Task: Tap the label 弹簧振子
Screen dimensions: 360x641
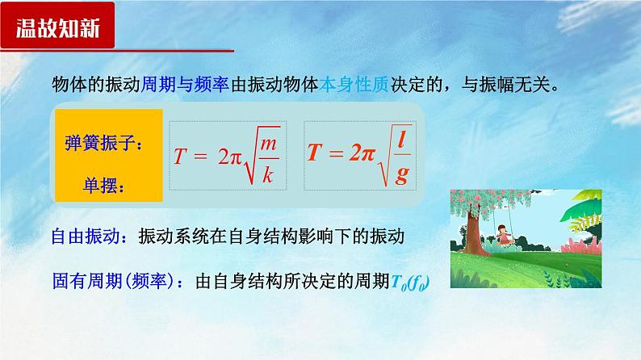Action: pos(103,145)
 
